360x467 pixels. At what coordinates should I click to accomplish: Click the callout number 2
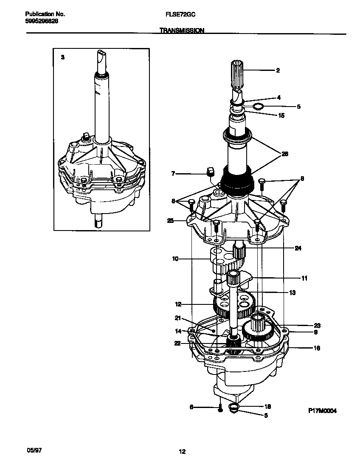point(278,70)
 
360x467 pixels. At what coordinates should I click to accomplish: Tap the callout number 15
point(281,115)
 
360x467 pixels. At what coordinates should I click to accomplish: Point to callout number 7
point(173,174)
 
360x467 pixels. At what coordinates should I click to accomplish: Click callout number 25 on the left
point(171,221)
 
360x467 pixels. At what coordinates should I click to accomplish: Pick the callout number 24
point(298,248)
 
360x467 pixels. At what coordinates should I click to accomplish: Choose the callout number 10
point(175,258)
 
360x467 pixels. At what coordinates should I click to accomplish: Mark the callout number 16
point(317,348)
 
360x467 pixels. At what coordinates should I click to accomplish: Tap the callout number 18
point(268,406)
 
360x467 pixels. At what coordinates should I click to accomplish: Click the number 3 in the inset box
point(62,57)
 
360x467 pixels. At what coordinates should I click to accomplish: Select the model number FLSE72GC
point(180,14)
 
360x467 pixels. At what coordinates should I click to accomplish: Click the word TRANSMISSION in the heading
point(182,31)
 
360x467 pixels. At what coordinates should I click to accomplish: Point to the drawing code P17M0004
point(322,411)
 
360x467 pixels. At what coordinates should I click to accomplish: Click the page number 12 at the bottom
point(182,452)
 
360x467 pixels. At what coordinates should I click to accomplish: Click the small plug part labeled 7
point(209,172)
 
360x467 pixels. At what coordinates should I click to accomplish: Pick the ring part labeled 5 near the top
point(258,106)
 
